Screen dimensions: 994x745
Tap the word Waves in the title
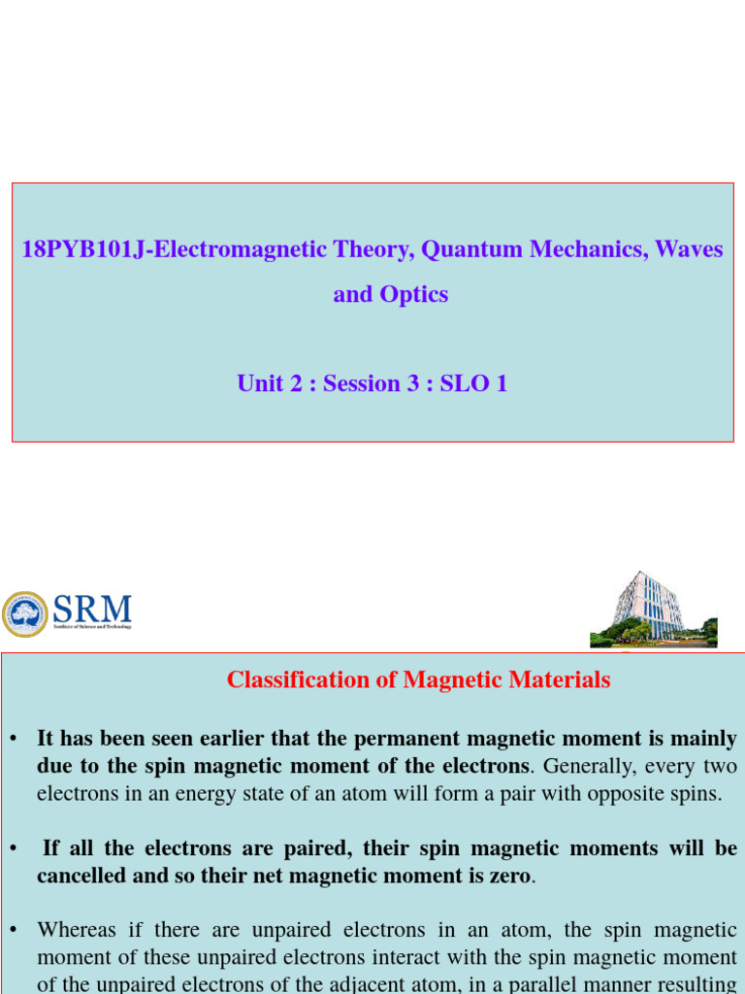[x=689, y=249]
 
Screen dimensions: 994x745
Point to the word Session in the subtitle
[x=362, y=383]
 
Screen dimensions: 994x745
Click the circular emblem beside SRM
[x=25, y=614]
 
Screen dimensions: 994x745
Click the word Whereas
[x=81, y=930]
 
